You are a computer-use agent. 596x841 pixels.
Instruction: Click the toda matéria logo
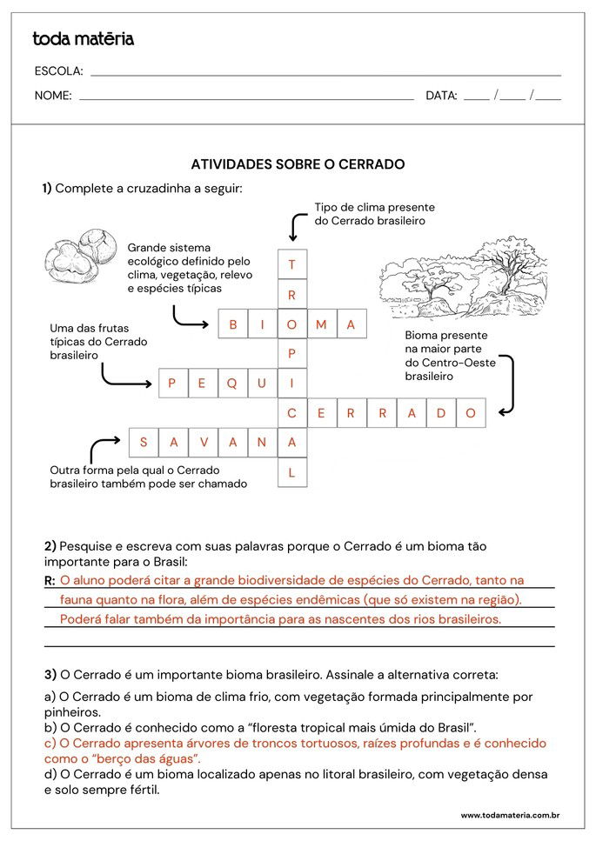[x=83, y=39]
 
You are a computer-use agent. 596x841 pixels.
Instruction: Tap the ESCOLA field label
[x=58, y=71]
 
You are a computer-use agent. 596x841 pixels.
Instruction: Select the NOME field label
[x=53, y=96]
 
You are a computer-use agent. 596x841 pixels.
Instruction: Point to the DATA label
[x=441, y=96]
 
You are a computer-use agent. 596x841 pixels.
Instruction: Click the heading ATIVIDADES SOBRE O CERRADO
[x=298, y=164]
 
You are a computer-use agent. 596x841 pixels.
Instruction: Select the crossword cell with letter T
[x=292, y=264]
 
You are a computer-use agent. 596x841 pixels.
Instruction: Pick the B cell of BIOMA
[x=233, y=324]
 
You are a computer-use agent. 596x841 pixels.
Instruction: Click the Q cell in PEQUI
[x=232, y=383]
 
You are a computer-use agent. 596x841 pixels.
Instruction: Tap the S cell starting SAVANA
[x=144, y=443]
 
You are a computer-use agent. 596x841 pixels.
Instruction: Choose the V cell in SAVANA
[x=203, y=443]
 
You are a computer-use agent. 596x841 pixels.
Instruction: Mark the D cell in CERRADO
[x=441, y=413]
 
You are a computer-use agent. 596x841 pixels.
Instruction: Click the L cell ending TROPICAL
[x=292, y=472]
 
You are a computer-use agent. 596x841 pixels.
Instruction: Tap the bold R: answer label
[x=50, y=580]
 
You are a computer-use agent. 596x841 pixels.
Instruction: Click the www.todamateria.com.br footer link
[x=509, y=816]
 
